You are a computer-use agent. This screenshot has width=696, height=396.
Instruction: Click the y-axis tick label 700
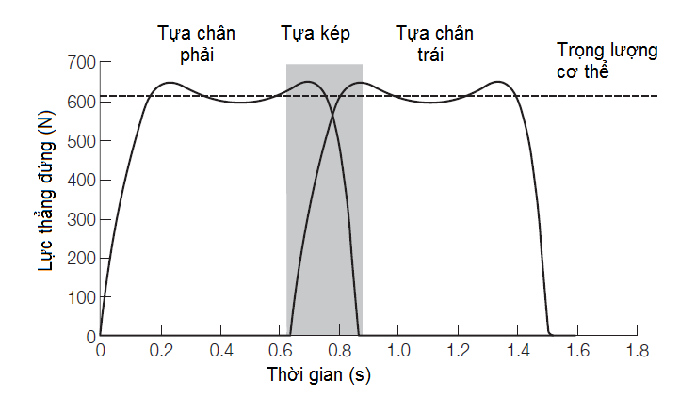(80, 63)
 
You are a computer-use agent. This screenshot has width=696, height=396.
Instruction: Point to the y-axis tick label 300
(80, 219)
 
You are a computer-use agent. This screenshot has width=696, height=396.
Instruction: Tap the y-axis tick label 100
(80, 297)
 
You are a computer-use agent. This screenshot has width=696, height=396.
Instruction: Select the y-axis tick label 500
(80, 141)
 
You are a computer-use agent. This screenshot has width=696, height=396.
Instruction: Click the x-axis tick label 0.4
(219, 352)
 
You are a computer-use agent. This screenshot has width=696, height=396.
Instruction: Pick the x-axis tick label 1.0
(398, 352)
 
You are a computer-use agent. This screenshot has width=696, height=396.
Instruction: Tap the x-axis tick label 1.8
(638, 352)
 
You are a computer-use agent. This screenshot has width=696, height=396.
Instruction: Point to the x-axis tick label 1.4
(518, 352)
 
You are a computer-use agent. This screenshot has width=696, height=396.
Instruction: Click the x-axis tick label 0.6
(279, 352)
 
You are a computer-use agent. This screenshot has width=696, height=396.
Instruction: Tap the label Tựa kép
(316, 34)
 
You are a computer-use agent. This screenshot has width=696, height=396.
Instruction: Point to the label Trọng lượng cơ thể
(607, 60)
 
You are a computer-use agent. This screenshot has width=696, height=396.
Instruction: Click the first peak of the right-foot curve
(170, 83)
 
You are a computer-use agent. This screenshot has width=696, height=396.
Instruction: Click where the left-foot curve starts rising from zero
(290, 335)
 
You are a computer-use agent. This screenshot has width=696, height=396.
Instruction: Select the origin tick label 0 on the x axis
(101, 352)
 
